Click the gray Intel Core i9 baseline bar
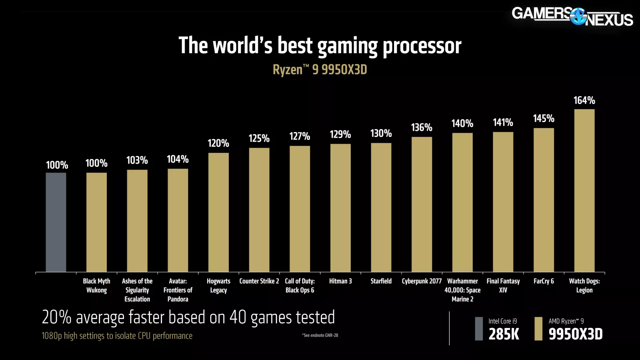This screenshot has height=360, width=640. pyautogui.click(x=56, y=222)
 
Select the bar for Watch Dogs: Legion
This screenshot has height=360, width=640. pyautogui.click(x=584, y=190)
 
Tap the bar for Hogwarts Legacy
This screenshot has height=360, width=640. pyautogui.click(x=218, y=212)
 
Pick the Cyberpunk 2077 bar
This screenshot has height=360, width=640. pyautogui.click(x=422, y=204)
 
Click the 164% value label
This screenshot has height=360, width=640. pyautogui.click(x=584, y=100)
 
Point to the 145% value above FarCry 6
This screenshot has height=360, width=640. pyautogui.click(x=544, y=118)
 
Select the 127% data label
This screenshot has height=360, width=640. pyautogui.click(x=300, y=136)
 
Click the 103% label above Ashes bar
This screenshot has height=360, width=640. pyautogui.click(x=137, y=160)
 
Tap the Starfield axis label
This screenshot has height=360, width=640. pyautogui.click(x=381, y=281)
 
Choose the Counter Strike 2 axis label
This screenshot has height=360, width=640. pyautogui.click(x=259, y=281)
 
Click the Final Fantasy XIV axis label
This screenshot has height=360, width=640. pyautogui.click(x=503, y=286)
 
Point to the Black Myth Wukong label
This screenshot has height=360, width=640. pyautogui.click(x=96, y=286)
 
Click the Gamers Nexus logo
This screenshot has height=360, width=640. pyautogui.click(x=572, y=16)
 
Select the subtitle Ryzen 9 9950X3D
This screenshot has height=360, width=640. pyautogui.click(x=320, y=70)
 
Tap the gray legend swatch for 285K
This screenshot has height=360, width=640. pyautogui.click(x=479, y=328)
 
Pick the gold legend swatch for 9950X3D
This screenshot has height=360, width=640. pyautogui.click(x=538, y=328)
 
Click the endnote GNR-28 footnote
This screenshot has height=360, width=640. pyautogui.click(x=320, y=335)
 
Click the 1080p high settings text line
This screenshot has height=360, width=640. pyautogui.click(x=117, y=336)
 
